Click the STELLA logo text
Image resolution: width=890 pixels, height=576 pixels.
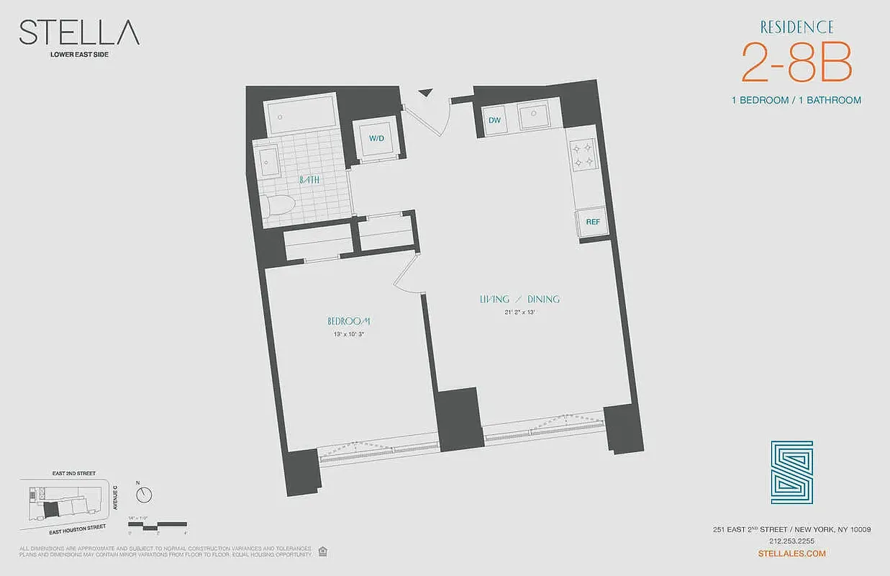[79, 33]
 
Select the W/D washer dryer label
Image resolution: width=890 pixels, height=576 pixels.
[377, 138]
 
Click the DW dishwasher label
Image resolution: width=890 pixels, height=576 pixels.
[494, 120]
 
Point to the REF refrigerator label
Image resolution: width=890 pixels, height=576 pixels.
[592, 222]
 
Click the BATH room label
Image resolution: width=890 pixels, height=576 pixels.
[310, 180]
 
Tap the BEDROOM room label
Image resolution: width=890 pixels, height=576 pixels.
[348, 321]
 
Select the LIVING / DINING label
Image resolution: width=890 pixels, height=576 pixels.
[519, 299]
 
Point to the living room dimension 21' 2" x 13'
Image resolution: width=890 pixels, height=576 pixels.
[519, 312]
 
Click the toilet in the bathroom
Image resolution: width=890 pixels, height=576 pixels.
[276, 206]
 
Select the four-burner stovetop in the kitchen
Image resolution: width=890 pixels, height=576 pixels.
[582, 154]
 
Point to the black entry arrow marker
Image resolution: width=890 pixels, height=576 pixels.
[426, 91]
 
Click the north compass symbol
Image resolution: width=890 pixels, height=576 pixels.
[145, 495]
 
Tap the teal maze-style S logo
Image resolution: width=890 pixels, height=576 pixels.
[791, 472]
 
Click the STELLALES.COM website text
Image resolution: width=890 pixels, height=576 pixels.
[792, 553]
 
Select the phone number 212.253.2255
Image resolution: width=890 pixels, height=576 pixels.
[791, 541]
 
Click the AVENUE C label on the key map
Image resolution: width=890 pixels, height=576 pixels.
[115, 497]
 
